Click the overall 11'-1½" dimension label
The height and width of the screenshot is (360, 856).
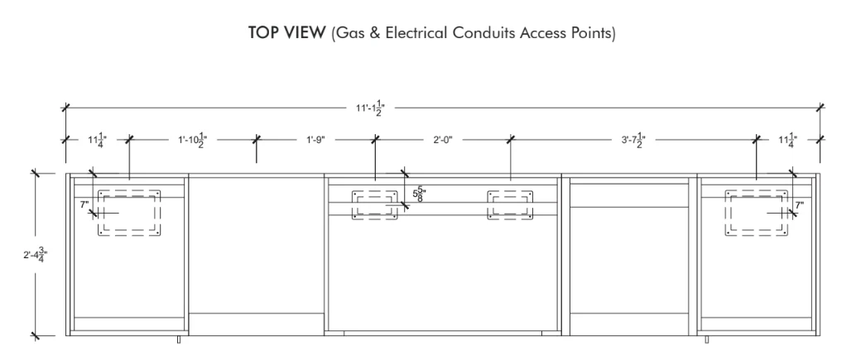point(371,108)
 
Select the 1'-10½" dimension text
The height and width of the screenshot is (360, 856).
point(193,140)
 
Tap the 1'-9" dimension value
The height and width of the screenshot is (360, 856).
point(315,140)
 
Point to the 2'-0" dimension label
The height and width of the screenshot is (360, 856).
point(443,140)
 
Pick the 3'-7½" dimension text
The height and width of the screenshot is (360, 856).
point(633,140)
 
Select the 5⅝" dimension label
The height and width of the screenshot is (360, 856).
point(419,194)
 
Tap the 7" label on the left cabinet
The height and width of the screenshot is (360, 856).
point(84,205)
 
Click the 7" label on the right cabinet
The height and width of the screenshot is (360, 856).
point(800,205)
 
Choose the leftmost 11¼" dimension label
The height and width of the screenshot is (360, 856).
point(98,140)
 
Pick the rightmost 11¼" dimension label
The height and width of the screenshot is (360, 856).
point(788,140)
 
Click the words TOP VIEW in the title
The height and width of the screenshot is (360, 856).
point(286,33)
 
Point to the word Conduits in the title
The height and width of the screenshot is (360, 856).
point(484,33)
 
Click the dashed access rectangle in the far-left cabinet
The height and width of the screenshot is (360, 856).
point(99,214)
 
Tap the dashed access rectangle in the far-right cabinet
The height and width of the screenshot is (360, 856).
point(725,214)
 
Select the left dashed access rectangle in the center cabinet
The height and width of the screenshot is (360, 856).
point(353,205)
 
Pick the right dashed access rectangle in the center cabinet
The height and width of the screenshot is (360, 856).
point(488,205)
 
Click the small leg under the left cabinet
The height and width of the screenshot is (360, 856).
point(179,339)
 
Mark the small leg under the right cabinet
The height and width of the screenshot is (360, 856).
point(707,339)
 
